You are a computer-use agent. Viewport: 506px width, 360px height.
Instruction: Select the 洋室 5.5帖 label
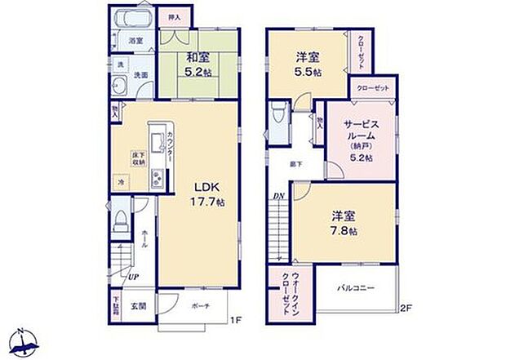tap(308, 64)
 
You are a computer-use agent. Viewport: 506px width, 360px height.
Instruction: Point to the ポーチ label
tap(202, 306)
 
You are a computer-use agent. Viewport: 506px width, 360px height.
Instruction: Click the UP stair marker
tap(131, 275)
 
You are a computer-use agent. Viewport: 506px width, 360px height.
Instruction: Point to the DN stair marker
tap(278, 195)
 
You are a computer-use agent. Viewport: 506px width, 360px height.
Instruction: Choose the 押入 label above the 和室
tap(173, 16)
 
